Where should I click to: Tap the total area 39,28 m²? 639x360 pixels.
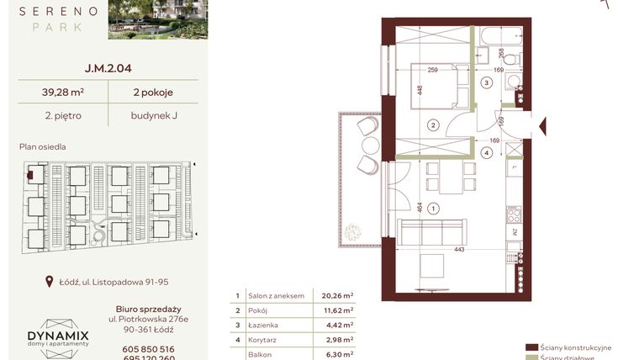tap(57, 93)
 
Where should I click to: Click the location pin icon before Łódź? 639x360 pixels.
tap(50, 283)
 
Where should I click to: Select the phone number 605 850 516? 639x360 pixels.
tap(147, 349)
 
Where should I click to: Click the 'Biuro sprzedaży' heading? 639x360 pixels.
tap(149, 309)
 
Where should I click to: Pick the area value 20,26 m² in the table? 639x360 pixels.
tap(337, 296)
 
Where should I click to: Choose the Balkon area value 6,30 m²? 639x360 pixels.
tap(337, 354)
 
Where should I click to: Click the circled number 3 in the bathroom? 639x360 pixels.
tap(486, 83)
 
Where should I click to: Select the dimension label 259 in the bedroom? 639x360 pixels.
tap(433, 71)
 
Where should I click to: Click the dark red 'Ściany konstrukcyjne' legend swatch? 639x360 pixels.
tap(531, 347)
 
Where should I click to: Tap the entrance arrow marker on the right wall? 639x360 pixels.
tap(542, 127)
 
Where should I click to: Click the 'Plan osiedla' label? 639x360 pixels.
tap(42, 146)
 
